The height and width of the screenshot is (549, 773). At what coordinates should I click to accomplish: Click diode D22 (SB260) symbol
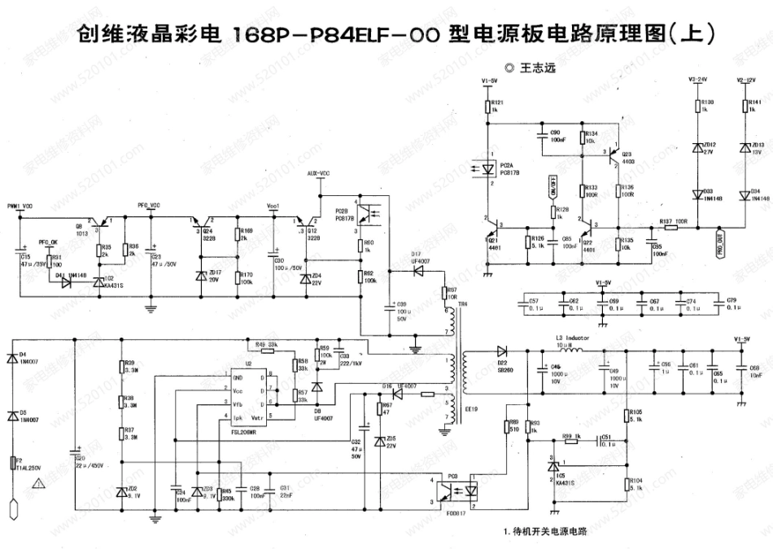pyautogui.click(x=501, y=351)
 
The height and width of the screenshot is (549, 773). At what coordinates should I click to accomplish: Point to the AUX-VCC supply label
pyautogui.click(x=318, y=174)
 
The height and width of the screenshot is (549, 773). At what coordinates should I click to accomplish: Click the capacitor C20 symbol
pyautogui.click(x=75, y=450)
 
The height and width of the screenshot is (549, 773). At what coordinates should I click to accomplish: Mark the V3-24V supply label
pyautogui.click(x=699, y=81)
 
